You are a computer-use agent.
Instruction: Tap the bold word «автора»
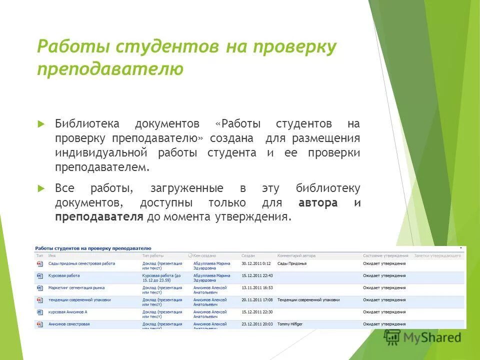click(x=318, y=203)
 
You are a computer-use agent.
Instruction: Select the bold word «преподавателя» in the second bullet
click(x=99, y=217)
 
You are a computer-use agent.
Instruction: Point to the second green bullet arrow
click(x=41, y=188)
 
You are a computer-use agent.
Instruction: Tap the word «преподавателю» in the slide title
click(x=110, y=68)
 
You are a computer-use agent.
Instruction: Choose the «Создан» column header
click(x=248, y=255)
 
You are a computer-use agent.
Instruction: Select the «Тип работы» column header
click(x=153, y=255)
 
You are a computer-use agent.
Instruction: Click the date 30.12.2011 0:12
click(x=256, y=263)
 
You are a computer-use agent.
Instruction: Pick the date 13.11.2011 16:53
click(x=257, y=287)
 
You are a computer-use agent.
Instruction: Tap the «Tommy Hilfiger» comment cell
click(x=290, y=324)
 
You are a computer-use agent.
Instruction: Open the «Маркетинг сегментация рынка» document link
click(x=76, y=287)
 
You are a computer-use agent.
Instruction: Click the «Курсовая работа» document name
click(x=64, y=275)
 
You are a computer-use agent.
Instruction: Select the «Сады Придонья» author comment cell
click(x=292, y=263)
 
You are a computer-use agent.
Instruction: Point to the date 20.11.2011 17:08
click(x=257, y=300)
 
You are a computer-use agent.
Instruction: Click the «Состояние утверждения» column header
click(x=385, y=255)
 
